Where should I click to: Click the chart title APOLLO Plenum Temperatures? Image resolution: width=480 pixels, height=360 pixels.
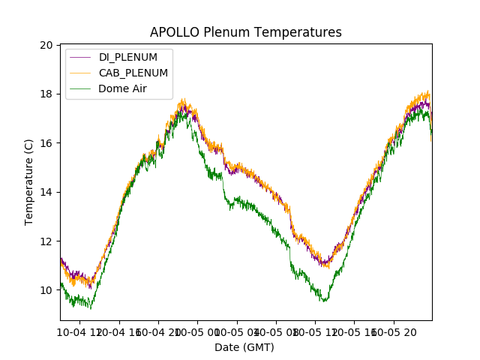[x=245, y=32]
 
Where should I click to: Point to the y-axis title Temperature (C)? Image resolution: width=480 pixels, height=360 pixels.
[x=29, y=182]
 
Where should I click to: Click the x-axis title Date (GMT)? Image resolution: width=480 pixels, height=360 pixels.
[x=244, y=347]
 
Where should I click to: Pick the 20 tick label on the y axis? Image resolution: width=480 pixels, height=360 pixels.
[x=46, y=45]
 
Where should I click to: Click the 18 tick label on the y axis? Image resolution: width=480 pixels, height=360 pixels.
[x=46, y=94]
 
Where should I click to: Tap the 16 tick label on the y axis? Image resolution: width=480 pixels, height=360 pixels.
[x=46, y=143]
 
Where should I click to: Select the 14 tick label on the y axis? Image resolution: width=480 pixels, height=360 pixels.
[x=46, y=192]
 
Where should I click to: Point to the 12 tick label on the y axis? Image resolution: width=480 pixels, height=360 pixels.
[x=46, y=241]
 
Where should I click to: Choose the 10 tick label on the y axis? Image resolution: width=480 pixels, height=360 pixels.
[x=46, y=290]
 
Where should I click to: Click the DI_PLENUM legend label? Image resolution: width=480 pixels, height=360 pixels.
[x=127, y=58]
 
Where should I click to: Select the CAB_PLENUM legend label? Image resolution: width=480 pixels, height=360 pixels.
[x=133, y=73]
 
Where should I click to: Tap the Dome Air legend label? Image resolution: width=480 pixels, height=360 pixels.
[x=123, y=88]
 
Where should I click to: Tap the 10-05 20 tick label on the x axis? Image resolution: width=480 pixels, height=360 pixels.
[x=395, y=331]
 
